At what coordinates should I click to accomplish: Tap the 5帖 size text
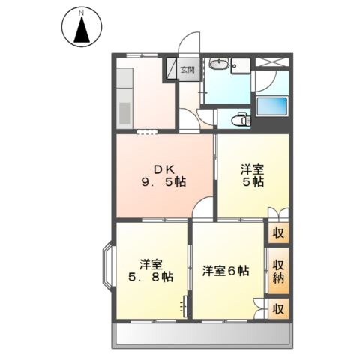coord(253,182)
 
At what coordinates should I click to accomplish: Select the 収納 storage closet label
coord(278,271)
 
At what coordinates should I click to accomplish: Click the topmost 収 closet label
coord(278,232)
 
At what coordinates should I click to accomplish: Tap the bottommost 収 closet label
coord(278,308)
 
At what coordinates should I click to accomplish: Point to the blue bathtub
coord(272,106)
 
